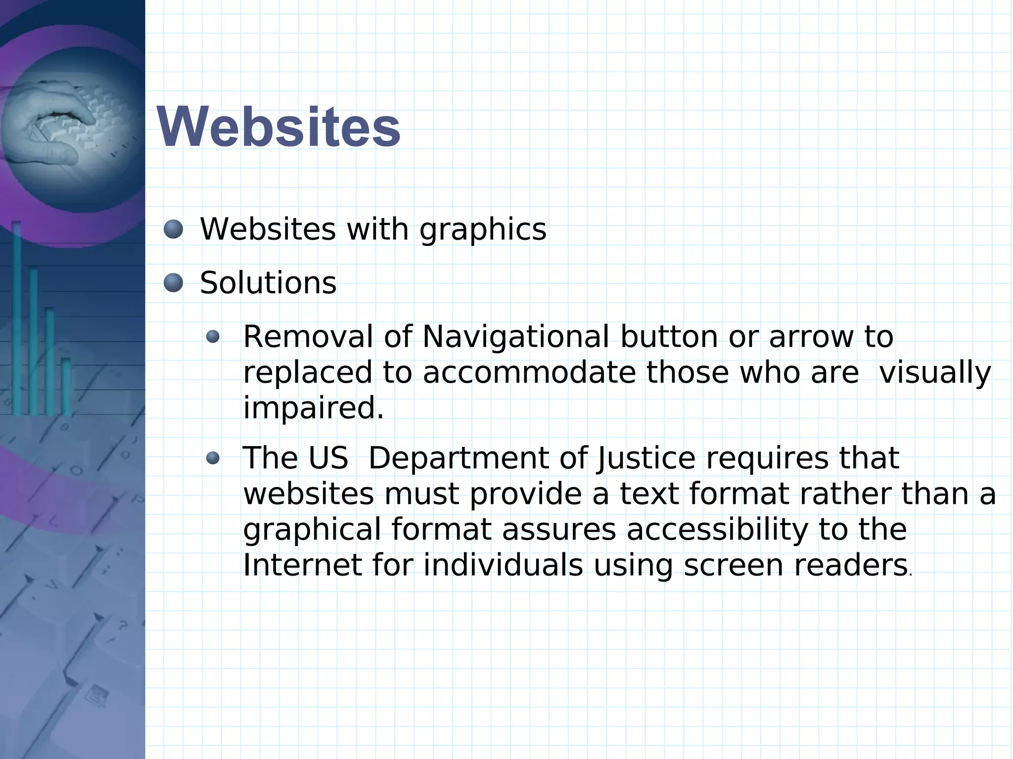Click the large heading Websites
tap(278, 127)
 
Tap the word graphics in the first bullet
tap(483, 230)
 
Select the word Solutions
tap(268, 283)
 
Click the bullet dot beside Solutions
tap(173, 283)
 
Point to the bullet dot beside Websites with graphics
tap(173, 229)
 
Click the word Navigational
tap(515, 337)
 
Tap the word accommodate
tap(529, 373)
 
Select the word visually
tap(935, 373)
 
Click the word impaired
tap(313, 409)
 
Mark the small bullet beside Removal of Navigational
tap(213, 337)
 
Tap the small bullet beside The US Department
tap(213, 458)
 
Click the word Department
tap(458, 458)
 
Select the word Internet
tap(302, 565)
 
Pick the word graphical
tap(312, 530)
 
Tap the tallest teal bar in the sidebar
tap(16, 316)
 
